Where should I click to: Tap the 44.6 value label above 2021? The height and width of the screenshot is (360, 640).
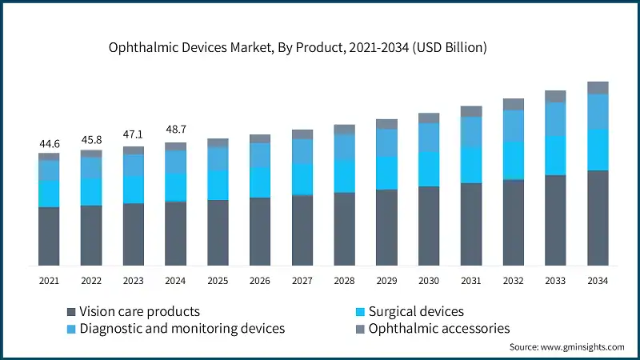point(50,144)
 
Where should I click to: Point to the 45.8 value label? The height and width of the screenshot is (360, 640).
point(91,140)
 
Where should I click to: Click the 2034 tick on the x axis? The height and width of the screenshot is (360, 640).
point(598,281)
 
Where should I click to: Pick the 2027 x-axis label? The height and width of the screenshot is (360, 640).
point(302,281)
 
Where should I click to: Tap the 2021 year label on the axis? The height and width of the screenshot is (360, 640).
point(50,281)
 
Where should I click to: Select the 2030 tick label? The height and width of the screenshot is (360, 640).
point(429,281)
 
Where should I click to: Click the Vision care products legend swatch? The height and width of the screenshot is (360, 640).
point(71,312)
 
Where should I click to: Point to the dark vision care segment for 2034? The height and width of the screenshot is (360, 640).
point(598,218)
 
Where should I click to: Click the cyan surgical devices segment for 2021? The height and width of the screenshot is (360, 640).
point(50,194)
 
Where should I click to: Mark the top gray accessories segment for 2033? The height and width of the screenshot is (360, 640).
point(555,96)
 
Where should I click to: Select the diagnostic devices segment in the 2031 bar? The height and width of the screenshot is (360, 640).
point(471,132)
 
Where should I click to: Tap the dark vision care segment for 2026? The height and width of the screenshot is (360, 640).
point(260,231)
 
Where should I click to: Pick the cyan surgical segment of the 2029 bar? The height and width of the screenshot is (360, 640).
point(386,173)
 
